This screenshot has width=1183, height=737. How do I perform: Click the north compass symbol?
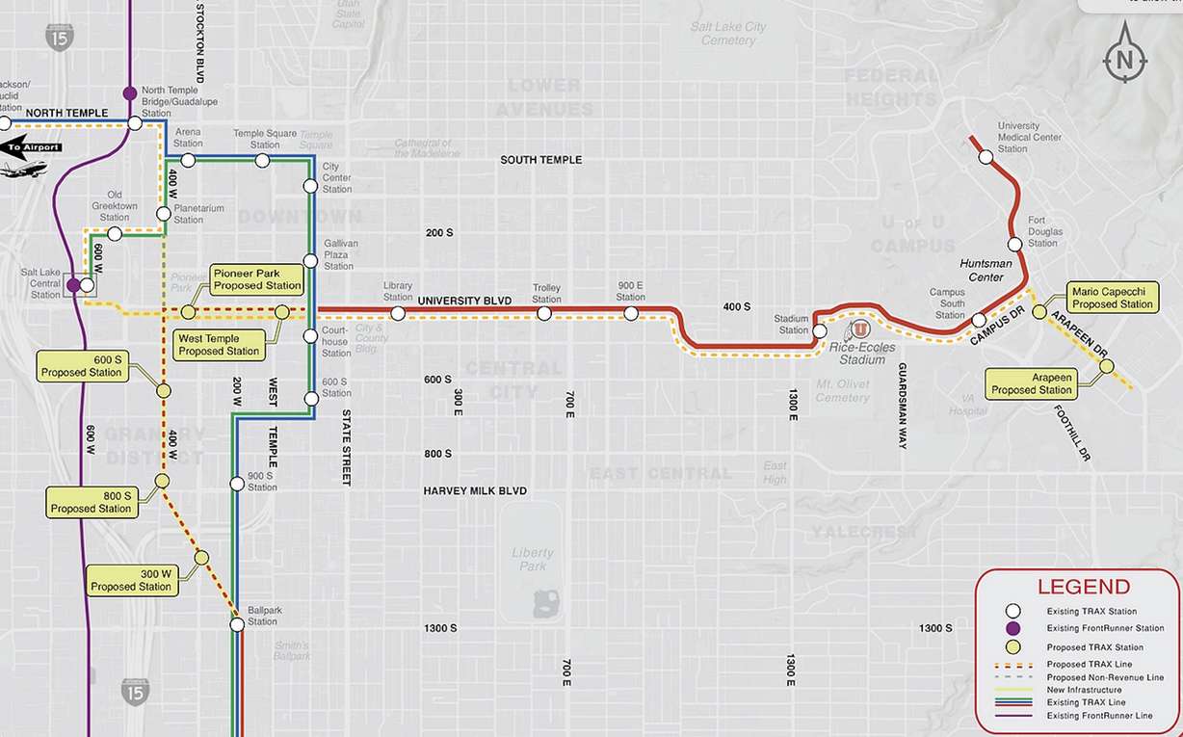point(1124,60)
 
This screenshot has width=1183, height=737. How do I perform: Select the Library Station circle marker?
point(397,312)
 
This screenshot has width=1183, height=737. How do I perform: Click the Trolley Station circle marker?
point(544,313)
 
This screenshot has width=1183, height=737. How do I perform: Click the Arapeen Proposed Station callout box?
point(1032,384)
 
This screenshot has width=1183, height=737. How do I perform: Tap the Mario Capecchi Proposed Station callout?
point(1113,298)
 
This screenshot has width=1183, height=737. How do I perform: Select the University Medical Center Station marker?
point(986,156)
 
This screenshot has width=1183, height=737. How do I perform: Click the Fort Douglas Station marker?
point(1014,245)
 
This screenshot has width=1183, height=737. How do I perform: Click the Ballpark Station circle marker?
point(237,624)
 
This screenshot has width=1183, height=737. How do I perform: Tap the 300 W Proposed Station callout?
point(131,580)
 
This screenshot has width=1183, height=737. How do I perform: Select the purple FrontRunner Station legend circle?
point(1012,628)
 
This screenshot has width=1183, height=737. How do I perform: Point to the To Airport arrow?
point(29,147)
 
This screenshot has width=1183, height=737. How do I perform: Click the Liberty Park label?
point(533,560)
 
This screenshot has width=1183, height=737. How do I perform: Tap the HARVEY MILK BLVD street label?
point(475,491)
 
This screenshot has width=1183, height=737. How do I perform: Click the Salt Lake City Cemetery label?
point(728,34)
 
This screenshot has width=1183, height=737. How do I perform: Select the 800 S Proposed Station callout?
point(91,502)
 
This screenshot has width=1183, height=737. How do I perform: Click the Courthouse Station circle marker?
point(310,336)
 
